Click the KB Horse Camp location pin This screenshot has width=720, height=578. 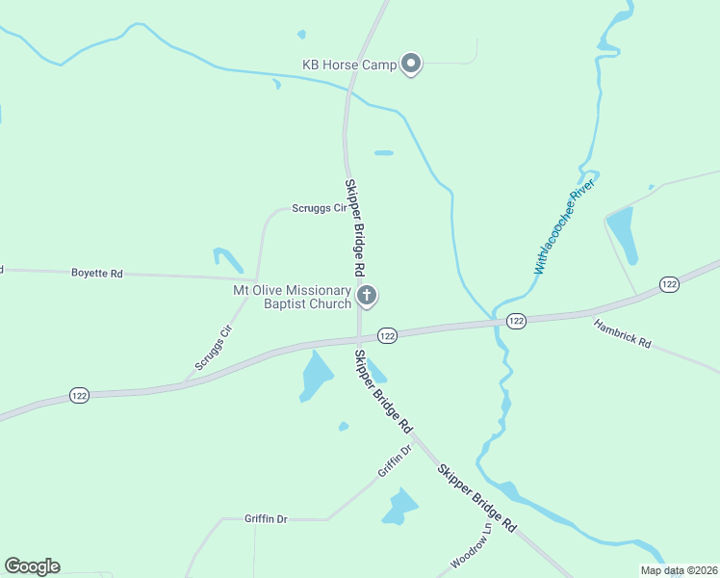(411, 65)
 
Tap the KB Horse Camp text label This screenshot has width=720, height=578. (348, 66)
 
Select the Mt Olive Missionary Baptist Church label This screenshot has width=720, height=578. (293, 297)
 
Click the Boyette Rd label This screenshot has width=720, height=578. (97, 274)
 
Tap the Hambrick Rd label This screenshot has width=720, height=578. (622, 334)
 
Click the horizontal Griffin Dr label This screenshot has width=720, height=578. (266, 519)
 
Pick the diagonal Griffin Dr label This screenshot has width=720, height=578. (395, 462)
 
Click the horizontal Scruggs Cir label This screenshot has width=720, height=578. (319, 208)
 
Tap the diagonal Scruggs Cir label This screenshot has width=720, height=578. (214, 348)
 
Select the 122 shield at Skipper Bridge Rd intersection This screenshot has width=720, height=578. (387, 335)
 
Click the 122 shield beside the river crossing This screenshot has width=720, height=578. (516, 321)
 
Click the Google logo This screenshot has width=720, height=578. (32, 566)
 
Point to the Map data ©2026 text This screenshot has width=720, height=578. (678, 570)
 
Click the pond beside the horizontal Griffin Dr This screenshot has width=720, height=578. (399, 506)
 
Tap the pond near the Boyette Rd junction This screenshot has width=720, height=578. (228, 259)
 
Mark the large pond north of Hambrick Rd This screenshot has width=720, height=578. (622, 233)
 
